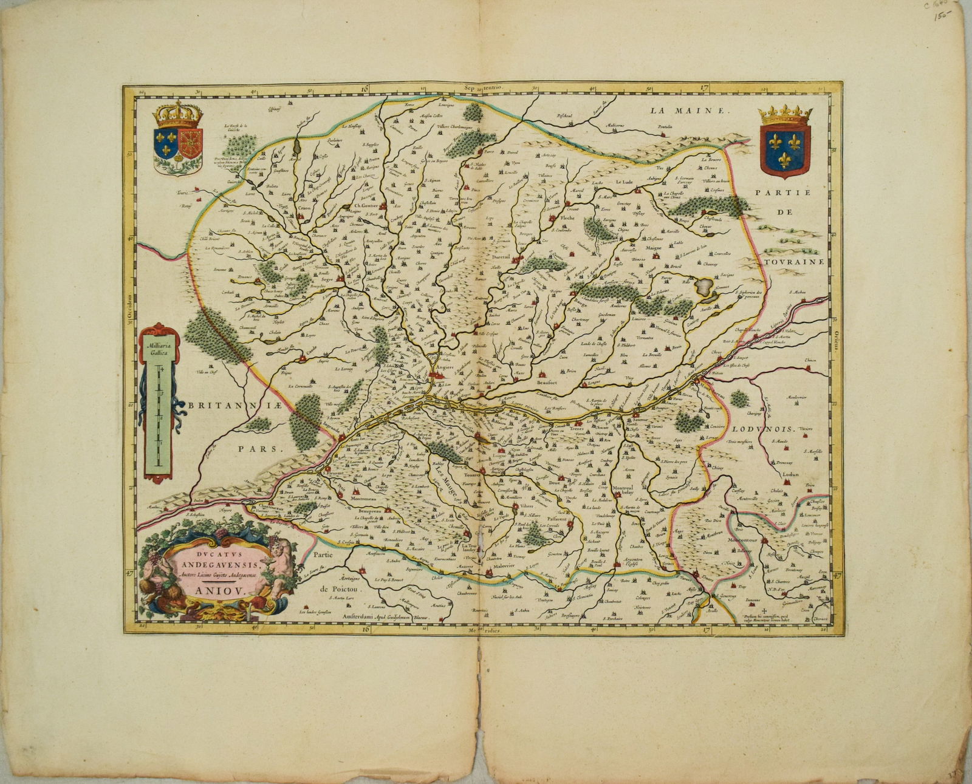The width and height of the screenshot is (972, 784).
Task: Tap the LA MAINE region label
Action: pyautogui.click(x=688, y=111)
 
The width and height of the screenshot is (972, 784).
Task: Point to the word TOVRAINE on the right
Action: pyautogui.click(x=790, y=262)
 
